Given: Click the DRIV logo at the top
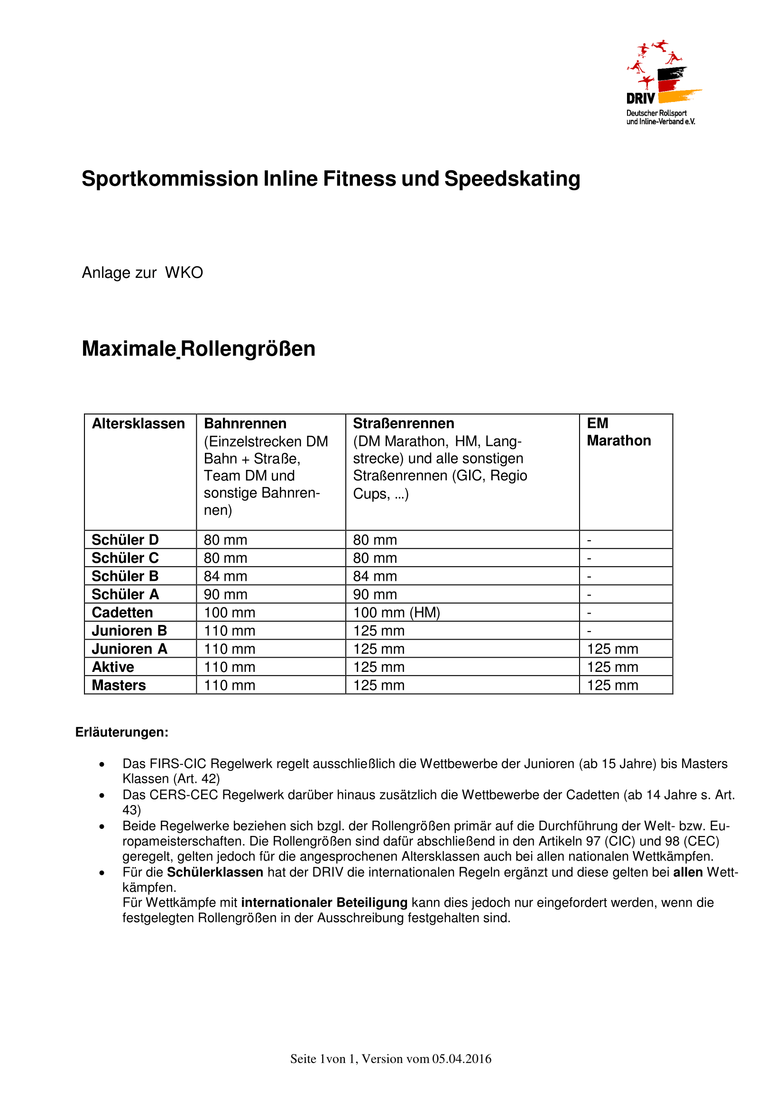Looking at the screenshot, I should click(x=662, y=83).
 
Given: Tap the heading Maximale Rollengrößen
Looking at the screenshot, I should click(x=198, y=349).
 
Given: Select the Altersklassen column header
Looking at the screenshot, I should click(x=138, y=423).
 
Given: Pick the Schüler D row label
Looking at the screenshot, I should click(x=125, y=540).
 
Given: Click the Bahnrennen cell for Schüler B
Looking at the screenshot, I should click(x=225, y=576).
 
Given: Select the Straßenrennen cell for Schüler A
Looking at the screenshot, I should click(x=375, y=595).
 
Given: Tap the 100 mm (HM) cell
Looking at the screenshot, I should click(x=396, y=613).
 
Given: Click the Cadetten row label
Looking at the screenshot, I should click(x=122, y=613).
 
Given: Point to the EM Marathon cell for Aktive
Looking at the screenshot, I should click(x=612, y=667).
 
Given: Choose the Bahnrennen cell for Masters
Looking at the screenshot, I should click(x=229, y=686).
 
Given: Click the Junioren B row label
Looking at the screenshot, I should click(x=129, y=631).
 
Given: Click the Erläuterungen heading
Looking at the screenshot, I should click(x=122, y=733).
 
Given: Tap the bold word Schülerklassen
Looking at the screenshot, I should click(x=215, y=872).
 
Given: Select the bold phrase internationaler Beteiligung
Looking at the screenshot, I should click(x=324, y=903).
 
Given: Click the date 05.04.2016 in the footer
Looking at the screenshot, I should click(x=461, y=1059).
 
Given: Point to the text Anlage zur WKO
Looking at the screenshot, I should click(x=142, y=273).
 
